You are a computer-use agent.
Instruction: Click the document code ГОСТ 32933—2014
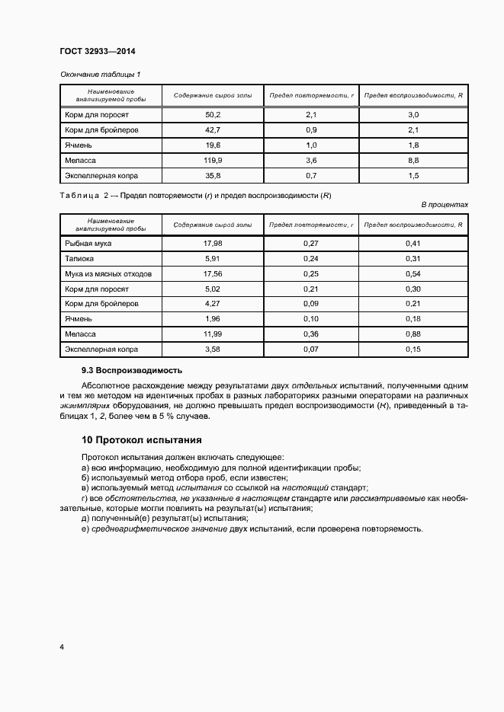click(97, 52)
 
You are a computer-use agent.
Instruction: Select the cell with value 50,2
click(212, 115)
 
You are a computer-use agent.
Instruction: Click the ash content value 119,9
click(212, 161)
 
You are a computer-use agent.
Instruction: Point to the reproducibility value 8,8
click(413, 161)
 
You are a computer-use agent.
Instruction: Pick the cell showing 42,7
click(212, 130)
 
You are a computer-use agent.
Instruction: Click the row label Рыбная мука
click(88, 244)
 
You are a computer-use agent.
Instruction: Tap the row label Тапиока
click(81, 259)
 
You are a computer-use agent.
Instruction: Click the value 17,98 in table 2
click(212, 244)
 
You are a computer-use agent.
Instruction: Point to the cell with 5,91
click(212, 259)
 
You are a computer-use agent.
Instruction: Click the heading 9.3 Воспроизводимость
click(132, 371)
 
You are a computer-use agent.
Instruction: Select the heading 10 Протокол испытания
click(141, 440)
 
